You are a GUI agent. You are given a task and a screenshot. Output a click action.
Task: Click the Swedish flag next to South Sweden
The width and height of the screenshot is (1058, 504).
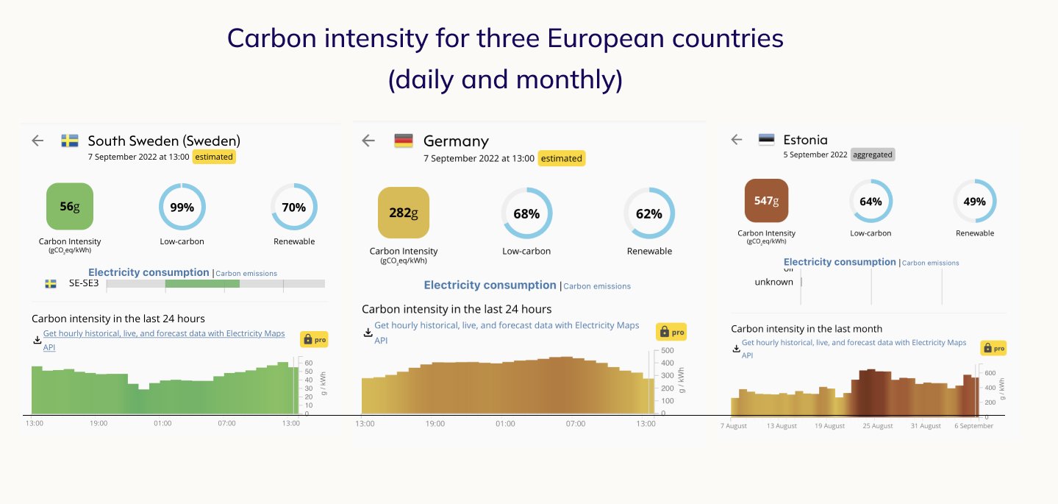coord(70,141)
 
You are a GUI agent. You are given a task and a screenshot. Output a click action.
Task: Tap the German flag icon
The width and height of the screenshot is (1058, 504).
coord(404,141)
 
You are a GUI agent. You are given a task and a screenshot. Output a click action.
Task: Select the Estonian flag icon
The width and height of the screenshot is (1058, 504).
coord(767,139)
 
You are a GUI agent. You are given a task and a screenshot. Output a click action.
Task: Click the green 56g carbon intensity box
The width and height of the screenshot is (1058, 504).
coord(70,207)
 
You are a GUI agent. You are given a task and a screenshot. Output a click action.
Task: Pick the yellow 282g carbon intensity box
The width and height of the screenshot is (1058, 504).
coord(403,213)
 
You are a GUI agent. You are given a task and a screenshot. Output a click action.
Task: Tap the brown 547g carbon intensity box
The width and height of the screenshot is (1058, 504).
coord(766,200)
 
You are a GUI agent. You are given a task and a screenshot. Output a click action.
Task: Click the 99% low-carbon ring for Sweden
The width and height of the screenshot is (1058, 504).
coord(182,207)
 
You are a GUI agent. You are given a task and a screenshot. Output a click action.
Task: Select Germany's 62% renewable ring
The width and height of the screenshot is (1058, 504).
coord(649,213)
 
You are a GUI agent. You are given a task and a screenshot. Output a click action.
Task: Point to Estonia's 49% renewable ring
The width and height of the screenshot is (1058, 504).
coord(975,202)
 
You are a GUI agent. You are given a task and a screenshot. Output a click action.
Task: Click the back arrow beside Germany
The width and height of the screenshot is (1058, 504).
coord(369,141)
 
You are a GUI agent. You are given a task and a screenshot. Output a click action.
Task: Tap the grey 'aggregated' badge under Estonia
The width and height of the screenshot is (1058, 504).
coord(873,155)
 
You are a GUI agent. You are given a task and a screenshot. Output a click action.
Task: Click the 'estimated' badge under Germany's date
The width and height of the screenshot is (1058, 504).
coord(562,158)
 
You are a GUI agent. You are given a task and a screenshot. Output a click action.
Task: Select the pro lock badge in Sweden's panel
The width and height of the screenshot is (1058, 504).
coord(314,339)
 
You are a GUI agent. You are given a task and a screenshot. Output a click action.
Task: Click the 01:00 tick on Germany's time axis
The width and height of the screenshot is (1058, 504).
coord(505,424)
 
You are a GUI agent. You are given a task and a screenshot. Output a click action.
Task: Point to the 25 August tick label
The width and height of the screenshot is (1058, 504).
coord(878,426)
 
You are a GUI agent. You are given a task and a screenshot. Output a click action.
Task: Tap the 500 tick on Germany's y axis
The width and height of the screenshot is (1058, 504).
coord(667,351)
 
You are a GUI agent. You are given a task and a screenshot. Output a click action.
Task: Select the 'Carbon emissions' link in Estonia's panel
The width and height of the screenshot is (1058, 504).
coord(930,263)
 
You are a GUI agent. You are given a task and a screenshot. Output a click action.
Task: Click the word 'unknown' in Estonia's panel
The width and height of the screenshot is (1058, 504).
coord(774,282)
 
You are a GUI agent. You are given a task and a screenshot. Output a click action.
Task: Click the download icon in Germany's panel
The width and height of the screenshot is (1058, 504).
coord(368,333)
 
